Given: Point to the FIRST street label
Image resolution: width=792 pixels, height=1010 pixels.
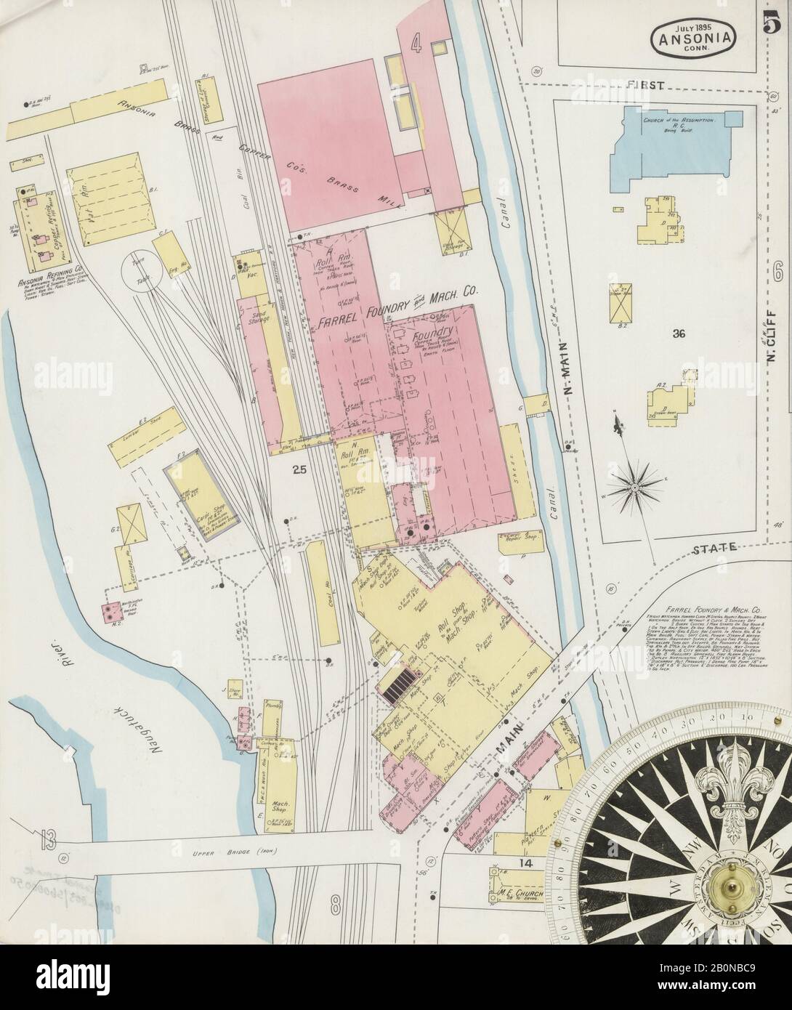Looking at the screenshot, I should pyautogui.click(x=649, y=85).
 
